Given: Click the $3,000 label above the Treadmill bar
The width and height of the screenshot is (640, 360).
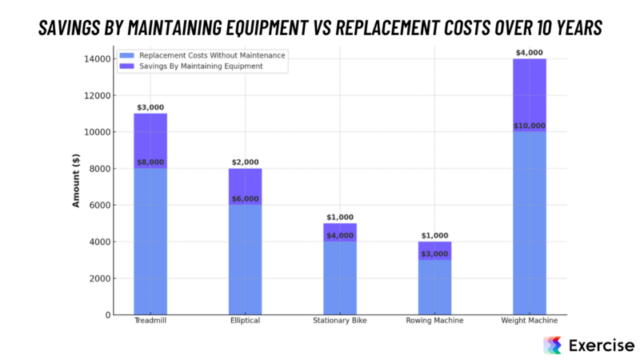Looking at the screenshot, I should tap(150, 107).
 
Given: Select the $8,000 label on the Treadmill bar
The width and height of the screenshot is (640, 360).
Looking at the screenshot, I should tap(150, 162).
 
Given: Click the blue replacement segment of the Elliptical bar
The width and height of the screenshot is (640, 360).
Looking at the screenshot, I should tap(245, 260).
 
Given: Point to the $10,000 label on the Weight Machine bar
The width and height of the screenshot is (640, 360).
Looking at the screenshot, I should tap(529, 126).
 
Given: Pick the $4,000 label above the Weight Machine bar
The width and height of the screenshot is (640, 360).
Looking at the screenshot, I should tap(529, 53).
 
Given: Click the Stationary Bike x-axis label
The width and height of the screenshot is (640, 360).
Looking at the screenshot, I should tap(340, 322).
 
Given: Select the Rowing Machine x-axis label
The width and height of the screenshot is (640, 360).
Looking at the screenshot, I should tap(434, 322).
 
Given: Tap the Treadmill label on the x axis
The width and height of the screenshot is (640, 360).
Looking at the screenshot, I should tap(150, 322).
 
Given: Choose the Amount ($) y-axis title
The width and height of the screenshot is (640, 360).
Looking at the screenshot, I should tap(77, 181).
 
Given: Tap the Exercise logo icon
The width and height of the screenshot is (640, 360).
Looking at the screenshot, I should tap(552, 345).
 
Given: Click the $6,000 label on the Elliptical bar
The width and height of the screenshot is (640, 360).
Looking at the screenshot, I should tap(245, 199).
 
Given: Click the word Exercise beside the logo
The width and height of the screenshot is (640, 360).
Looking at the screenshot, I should tap(601, 345).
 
